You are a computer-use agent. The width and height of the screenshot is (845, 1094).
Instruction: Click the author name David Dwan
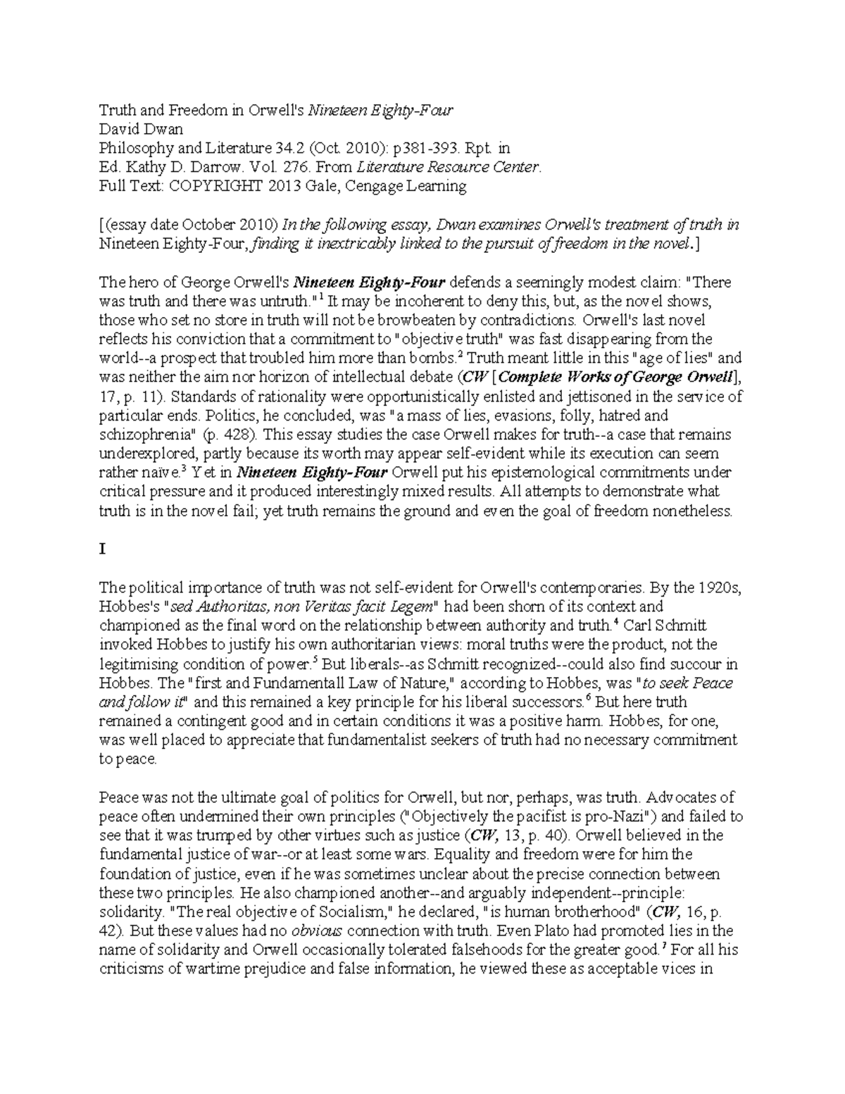pyautogui.click(x=141, y=129)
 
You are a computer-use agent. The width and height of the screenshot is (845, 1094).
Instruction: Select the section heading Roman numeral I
pyautogui.click(x=102, y=549)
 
